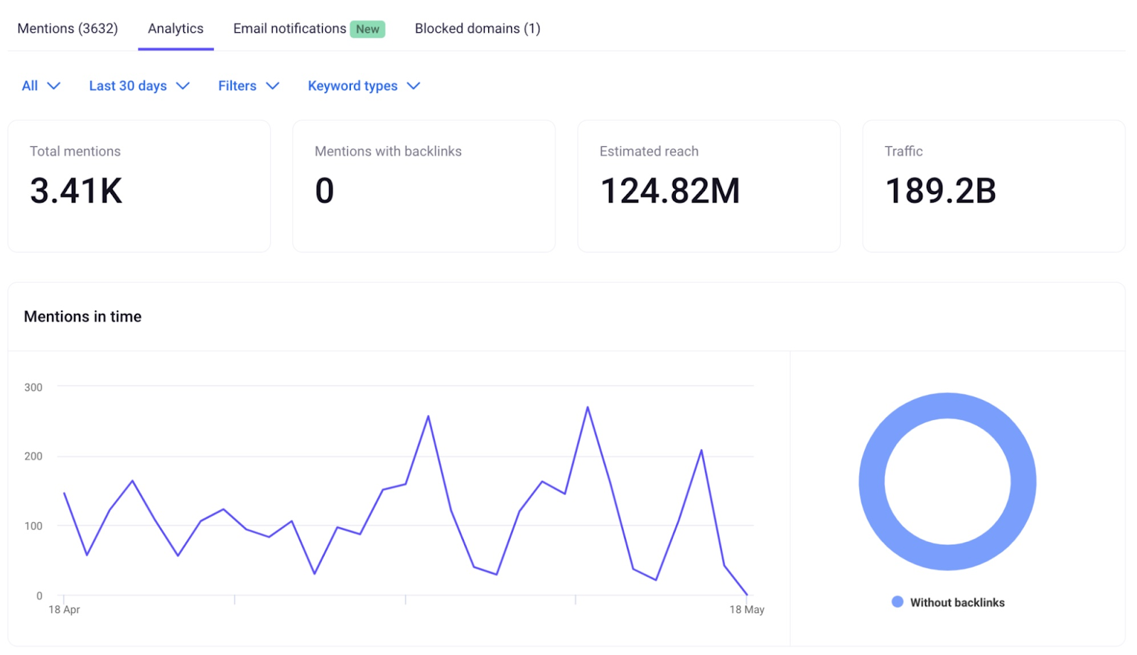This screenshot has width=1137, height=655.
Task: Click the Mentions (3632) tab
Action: tap(68, 28)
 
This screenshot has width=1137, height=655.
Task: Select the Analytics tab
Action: tap(176, 28)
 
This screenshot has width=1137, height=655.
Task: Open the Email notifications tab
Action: tap(289, 28)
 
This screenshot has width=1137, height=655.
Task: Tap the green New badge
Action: tap(367, 29)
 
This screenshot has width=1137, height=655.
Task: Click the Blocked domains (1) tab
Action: tap(478, 28)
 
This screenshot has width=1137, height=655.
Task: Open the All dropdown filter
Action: tap(41, 86)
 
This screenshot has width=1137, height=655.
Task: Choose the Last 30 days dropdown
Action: tap(139, 86)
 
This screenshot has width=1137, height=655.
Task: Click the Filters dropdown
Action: tap(248, 86)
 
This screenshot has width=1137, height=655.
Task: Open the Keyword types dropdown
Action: tap(363, 86)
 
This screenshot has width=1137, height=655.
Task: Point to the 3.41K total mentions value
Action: tap(76, 190)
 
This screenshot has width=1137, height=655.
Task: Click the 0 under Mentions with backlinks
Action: tap(324, 190)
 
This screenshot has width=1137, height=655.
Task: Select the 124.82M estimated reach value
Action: tap(669, 190)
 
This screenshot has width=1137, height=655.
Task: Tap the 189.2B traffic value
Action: tap(939, 190)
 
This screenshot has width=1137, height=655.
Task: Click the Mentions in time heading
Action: tap(82, 317)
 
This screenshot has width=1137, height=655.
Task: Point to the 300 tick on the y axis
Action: tap(33, 387)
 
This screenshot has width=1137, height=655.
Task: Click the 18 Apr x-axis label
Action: tap(64, 610)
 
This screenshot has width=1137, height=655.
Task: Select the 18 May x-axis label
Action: tap(746, 610)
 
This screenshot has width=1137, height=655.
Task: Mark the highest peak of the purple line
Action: tap(588, 408)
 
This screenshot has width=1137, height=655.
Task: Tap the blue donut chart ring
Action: tap(871, 482)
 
